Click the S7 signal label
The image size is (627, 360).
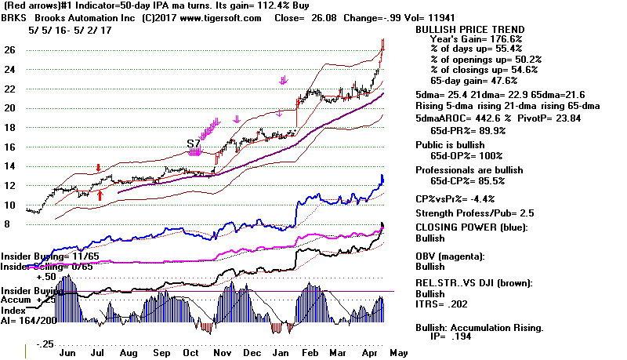(194, 144)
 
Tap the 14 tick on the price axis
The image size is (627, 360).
(9, 166)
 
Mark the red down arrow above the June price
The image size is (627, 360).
(98, 168)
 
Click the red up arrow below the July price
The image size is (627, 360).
(100, 194)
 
